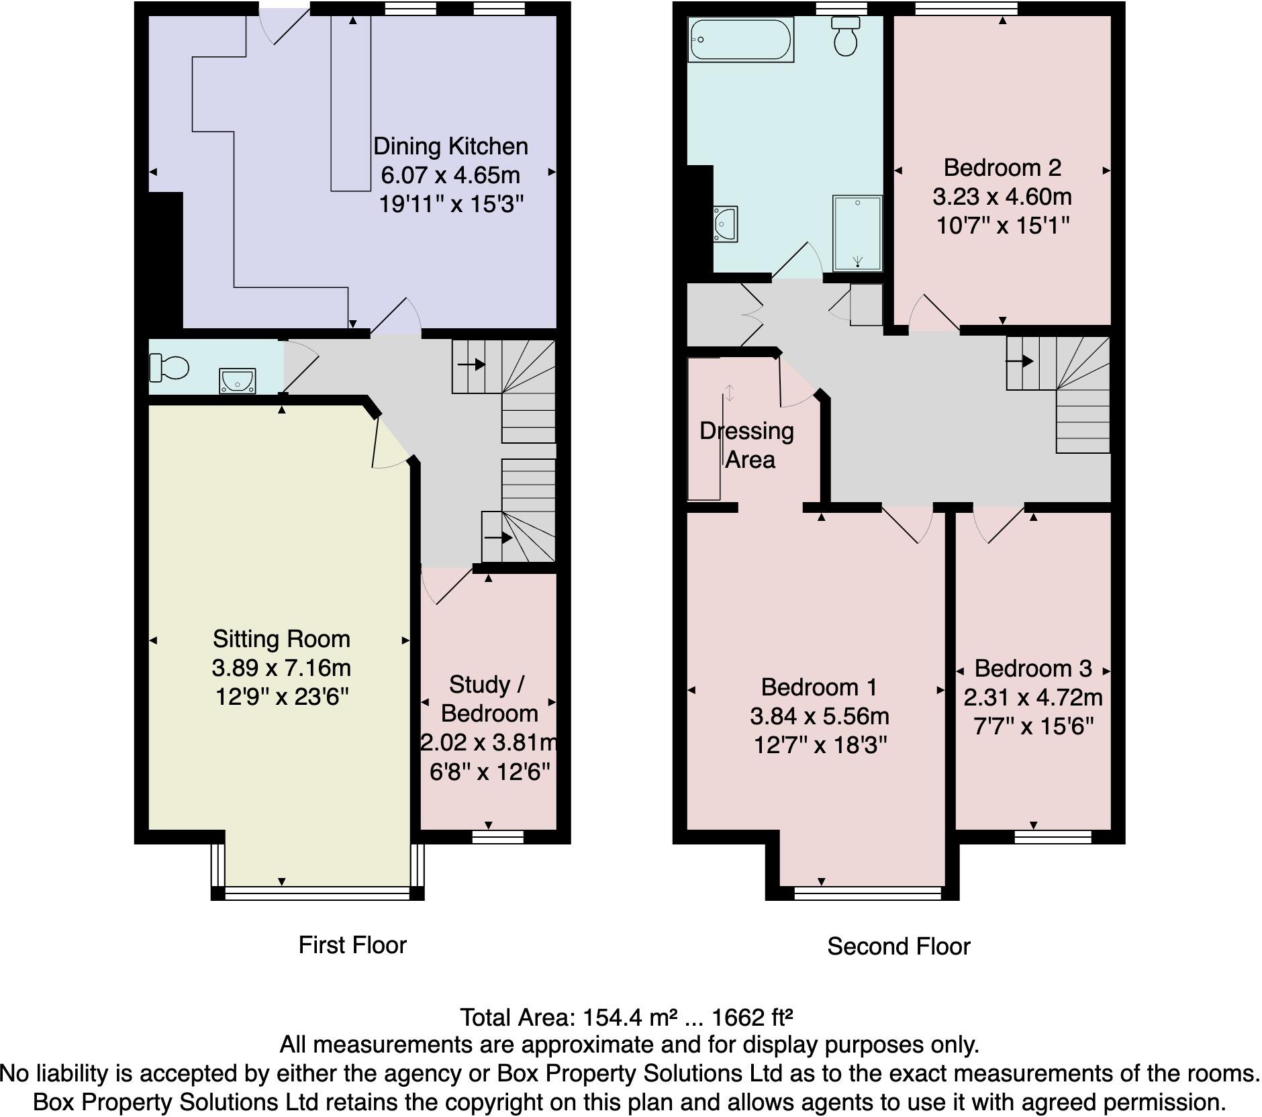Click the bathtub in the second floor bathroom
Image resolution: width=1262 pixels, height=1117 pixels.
[x=740, y=40]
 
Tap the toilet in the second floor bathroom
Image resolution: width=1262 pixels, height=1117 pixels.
[x=845, y=37]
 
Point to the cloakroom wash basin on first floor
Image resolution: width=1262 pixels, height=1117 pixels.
[x=237, y=381]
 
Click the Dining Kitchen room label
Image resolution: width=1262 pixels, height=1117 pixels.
[x=450, y=146]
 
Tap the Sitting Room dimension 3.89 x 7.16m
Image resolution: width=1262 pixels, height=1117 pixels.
[x=281, y=668]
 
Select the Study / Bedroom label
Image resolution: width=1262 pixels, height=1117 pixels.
[x=489, y=699]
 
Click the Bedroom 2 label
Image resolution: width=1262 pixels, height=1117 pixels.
[x=1002, y=167]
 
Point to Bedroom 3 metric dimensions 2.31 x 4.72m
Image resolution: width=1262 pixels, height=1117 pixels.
[x=1033, y=697]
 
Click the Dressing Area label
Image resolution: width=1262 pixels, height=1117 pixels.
[x=748, y=445]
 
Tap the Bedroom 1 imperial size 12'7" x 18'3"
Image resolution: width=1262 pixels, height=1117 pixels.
[x=820, y=745]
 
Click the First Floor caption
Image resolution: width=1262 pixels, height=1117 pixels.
[x=352, y=945]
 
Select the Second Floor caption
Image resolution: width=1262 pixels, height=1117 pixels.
[x=898, y=946]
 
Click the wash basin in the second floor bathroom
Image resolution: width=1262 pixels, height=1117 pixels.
[x=726, y=224]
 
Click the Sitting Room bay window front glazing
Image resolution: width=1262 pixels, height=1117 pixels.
[x=317, y=893]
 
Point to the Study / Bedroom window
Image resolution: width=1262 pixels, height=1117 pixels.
[x=497, y=836]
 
